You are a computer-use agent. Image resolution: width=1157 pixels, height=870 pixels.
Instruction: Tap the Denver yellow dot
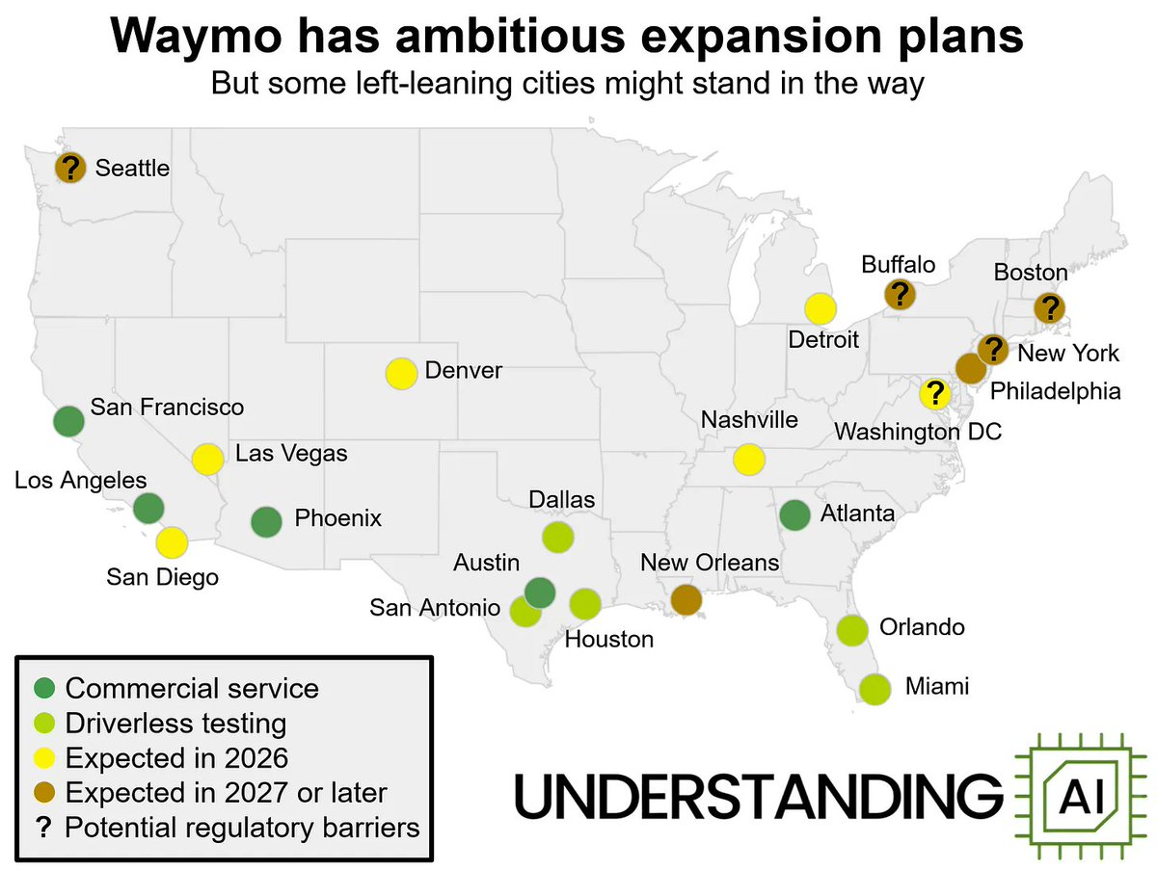[400, 373]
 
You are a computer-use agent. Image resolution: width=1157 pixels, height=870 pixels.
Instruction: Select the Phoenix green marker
[266, 521]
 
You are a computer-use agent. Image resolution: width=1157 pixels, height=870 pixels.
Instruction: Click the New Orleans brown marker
[686, 599]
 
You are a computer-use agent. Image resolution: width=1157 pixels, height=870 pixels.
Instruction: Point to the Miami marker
[874, 689]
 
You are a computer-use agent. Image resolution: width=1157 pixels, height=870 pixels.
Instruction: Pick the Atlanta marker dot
[794, 514]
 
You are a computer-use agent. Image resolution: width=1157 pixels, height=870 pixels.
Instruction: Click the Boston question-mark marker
[1049, 308]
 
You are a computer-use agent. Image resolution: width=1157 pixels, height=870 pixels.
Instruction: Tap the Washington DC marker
[933, 393]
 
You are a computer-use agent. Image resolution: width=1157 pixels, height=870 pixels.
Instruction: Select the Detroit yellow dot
[820, 308]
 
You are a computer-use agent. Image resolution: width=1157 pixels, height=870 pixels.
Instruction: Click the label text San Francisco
[167, 407]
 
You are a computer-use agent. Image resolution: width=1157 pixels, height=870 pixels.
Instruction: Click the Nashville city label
[749, 420]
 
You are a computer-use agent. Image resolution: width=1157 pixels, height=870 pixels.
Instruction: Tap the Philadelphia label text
[1057, 391]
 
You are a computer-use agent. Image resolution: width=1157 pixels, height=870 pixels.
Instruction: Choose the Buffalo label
[899, 264]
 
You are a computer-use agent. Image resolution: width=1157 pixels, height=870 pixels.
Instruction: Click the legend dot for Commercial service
[44, 689]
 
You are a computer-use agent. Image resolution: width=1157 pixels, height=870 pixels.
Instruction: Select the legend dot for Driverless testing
[44, 724]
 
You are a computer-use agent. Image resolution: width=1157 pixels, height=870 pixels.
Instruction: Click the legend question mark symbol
[44, 827]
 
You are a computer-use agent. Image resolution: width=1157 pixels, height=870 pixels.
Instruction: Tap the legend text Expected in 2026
[176, 757]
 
